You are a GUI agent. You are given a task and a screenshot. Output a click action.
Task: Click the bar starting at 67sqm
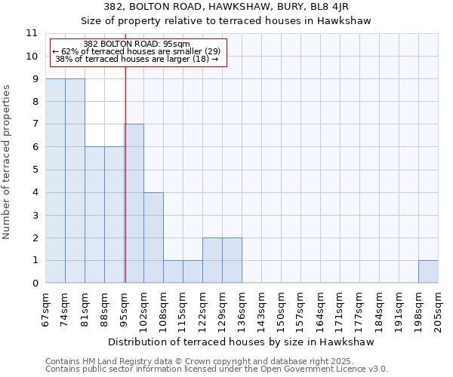click(55, 181)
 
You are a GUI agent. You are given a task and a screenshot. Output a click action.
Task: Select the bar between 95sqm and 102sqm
click(134, 204)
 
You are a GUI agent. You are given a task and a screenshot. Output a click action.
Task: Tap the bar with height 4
click(153, 238)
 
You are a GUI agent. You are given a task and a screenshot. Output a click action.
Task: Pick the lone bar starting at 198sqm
click(428, 271)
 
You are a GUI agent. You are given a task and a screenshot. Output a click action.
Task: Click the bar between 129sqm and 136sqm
click(232, 260)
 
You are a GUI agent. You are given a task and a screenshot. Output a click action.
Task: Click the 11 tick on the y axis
click(32, 33)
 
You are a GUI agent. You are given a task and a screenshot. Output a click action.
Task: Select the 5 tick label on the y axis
click(35, 170)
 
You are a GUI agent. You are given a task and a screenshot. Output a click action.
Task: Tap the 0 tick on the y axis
click(35, 284)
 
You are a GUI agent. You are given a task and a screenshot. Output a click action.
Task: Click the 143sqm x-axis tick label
click(261, 309)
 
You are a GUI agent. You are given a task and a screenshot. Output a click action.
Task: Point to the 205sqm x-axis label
click(438, 309)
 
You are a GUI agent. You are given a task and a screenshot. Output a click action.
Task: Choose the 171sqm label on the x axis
click(340, 309)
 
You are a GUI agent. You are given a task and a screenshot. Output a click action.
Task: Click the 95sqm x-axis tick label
click(124, 309)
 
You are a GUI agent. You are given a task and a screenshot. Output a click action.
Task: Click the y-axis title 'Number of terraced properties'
click(7, 161)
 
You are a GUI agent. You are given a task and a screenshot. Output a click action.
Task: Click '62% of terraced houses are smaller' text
click(136, 51)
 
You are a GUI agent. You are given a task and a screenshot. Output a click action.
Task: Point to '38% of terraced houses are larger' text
click(137, 59)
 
